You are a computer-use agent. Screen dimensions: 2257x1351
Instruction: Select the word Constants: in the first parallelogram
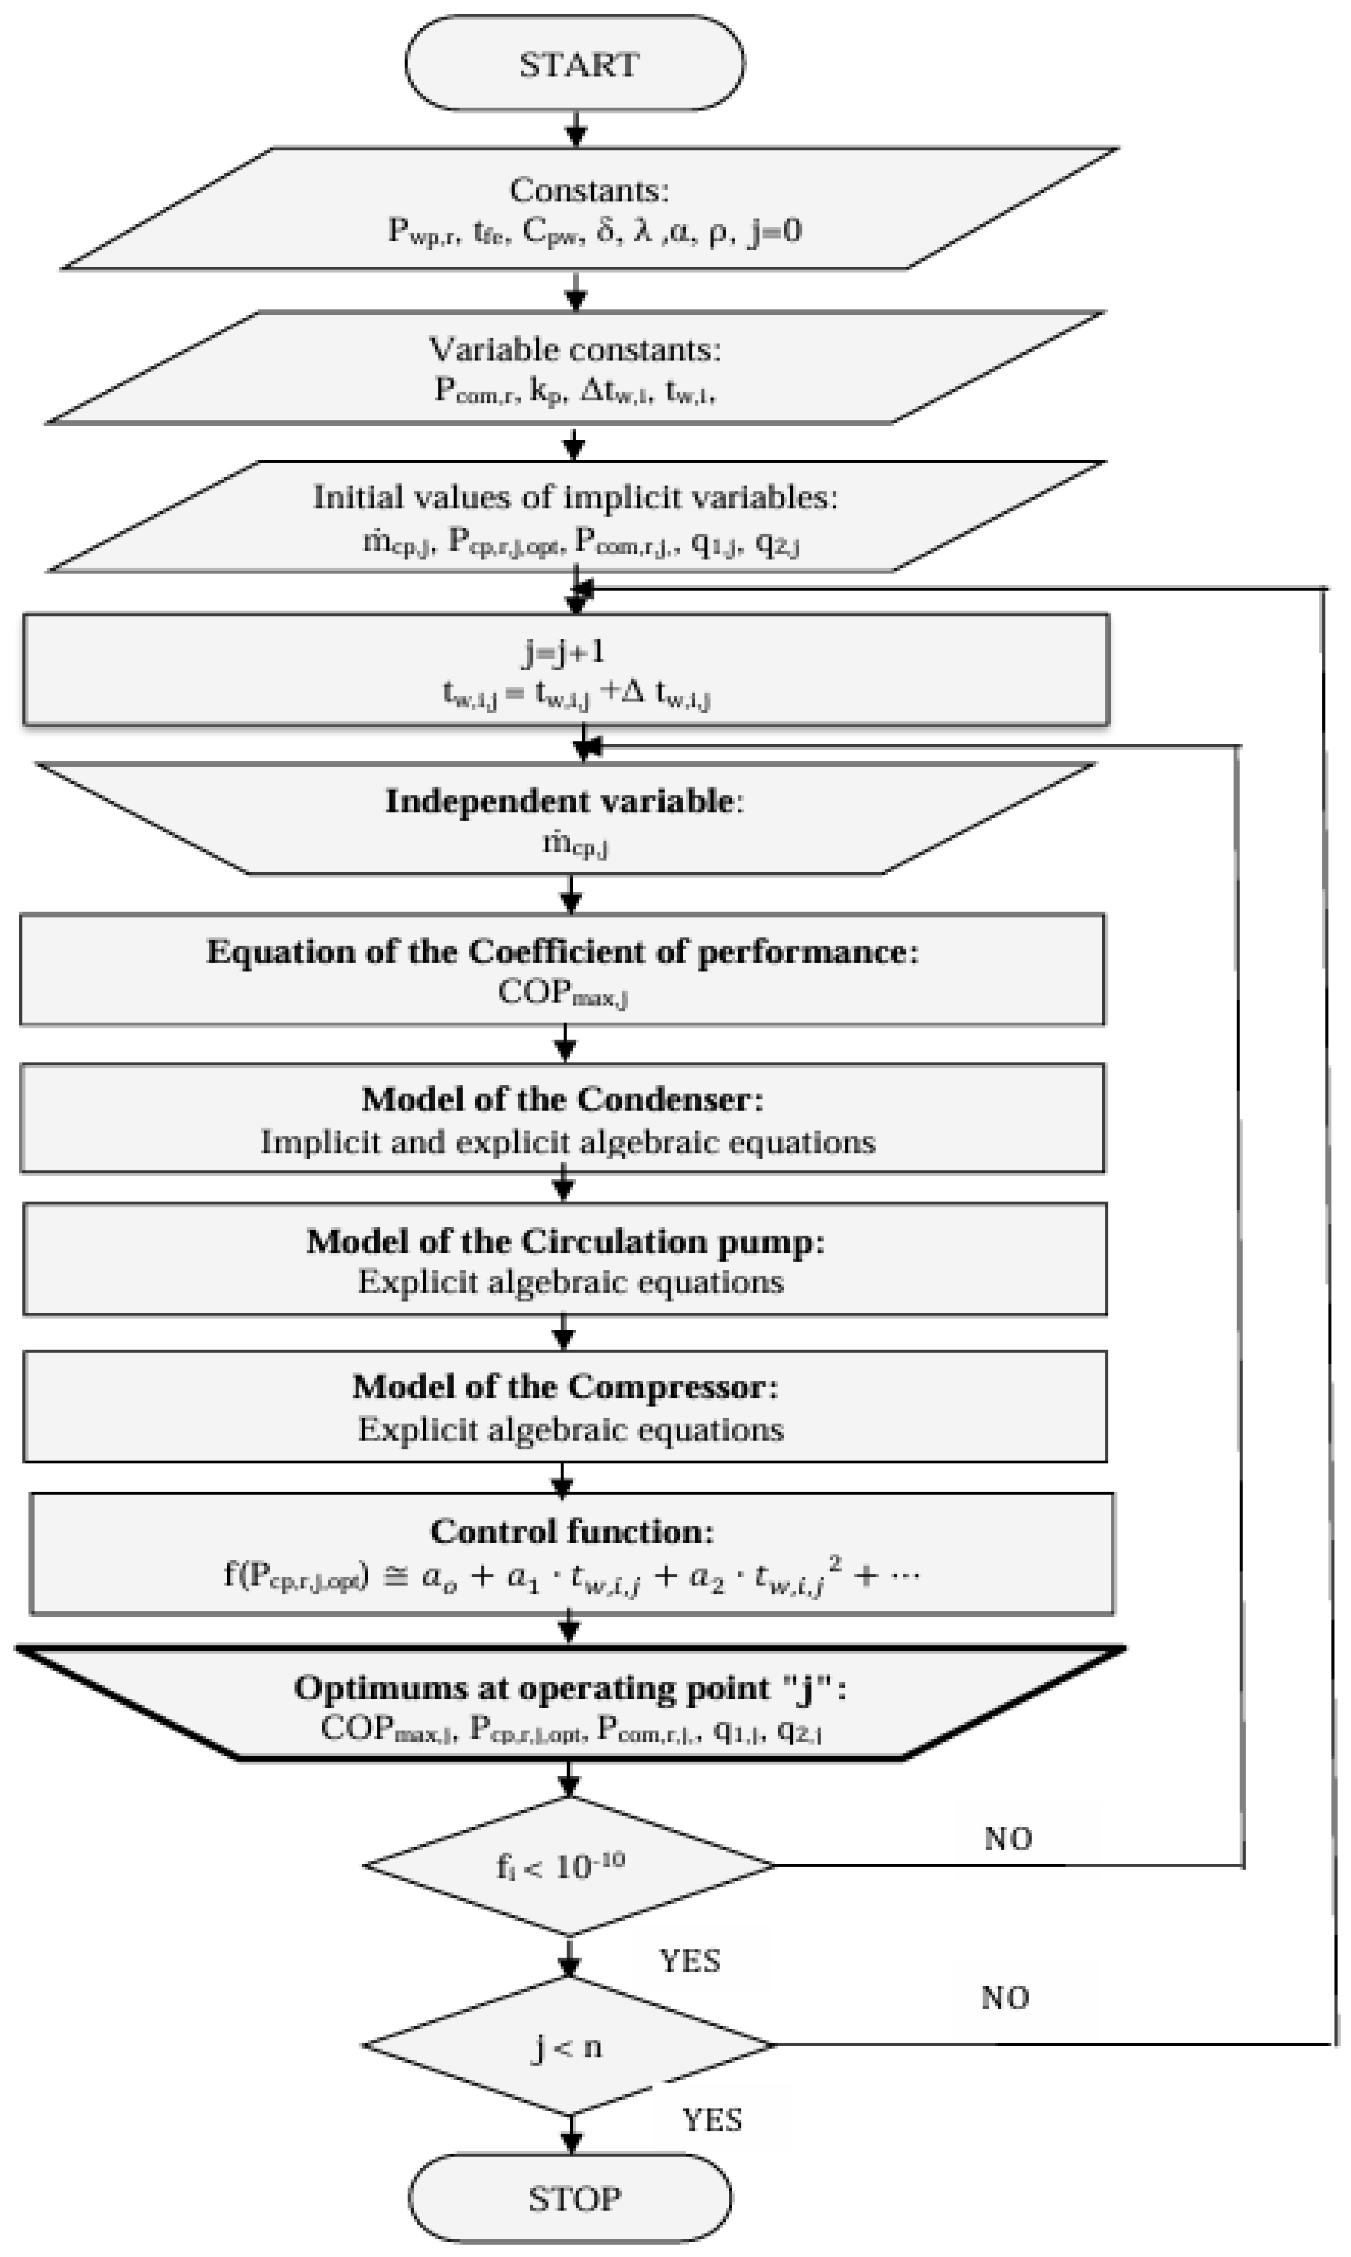[x=589, y=190]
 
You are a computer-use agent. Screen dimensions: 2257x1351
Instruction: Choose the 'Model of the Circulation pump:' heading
[x=564, y=1242]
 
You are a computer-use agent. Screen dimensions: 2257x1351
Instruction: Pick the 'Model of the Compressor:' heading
[x=564, y=1387]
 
